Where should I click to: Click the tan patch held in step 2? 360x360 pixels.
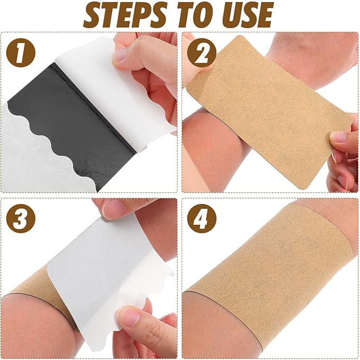[x=265, y=111]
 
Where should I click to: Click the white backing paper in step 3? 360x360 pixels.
[x=106, y=265]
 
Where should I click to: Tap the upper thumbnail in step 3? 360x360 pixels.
[x=114, y=209]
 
